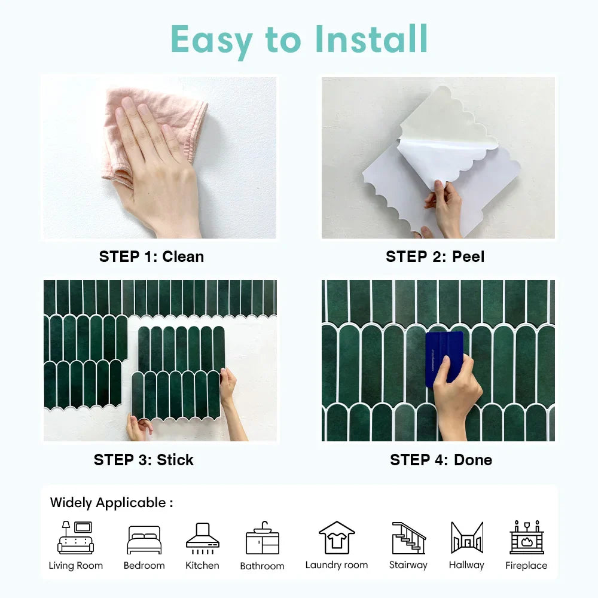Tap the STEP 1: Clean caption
click(151, 257)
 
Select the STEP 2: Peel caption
click(435, 257)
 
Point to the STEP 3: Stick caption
click(144, 460)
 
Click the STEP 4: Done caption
click(441, 460)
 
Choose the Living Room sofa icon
click(75, 538)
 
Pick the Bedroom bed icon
click(144, 539)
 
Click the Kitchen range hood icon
click(203, 538)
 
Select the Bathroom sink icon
click(263, 538)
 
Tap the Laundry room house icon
click(337, 538)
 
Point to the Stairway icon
click(408, 538)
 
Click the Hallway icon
click(467, 538)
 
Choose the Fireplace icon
click(527, 537)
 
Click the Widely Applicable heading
click(111, 503)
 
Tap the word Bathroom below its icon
click(263, 566)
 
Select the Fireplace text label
click(526, 566)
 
